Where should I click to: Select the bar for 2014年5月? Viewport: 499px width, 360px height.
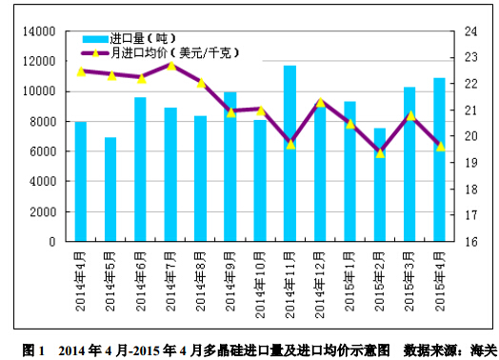point(110,190)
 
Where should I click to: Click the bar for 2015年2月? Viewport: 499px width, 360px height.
point(379,185)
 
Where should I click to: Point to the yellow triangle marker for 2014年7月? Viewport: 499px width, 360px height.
point(171,66)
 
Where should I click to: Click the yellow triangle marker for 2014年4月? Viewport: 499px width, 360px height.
point(81,71)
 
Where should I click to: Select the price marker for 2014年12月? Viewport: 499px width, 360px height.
point(320,102)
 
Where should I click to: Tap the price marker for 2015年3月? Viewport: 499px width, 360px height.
point(409,116)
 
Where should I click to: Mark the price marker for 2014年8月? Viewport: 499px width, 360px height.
point(201,83)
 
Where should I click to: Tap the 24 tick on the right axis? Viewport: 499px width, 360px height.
point(470,31)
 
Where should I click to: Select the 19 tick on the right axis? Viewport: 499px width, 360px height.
point(470,163)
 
